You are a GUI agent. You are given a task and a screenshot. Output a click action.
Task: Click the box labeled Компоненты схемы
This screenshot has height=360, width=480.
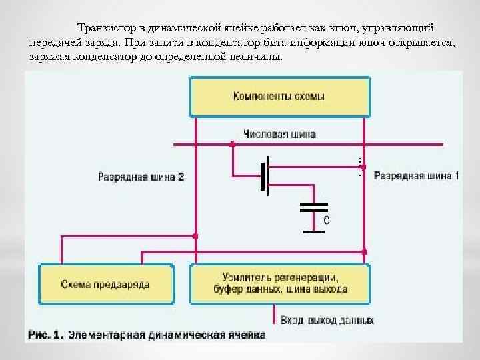click(x=279, y=97)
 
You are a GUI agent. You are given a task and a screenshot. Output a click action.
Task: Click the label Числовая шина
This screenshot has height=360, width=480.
click(x=280, y=134)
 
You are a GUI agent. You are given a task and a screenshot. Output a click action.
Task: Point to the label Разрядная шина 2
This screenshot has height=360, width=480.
click(x=141, y=177)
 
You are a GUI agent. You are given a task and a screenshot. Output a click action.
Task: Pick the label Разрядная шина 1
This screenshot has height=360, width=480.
click(x=416, y=176)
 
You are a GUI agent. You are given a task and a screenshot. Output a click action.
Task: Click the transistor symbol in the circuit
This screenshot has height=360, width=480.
click(x=265, y=176)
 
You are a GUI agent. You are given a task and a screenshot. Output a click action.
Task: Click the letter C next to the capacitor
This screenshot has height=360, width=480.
click(x=327, y=219)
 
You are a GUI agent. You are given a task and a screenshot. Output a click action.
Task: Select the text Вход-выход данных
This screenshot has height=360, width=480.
click(x=327, y=320)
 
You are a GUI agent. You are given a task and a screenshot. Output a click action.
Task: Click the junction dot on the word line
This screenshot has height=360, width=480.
click(x=232, y=143)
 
